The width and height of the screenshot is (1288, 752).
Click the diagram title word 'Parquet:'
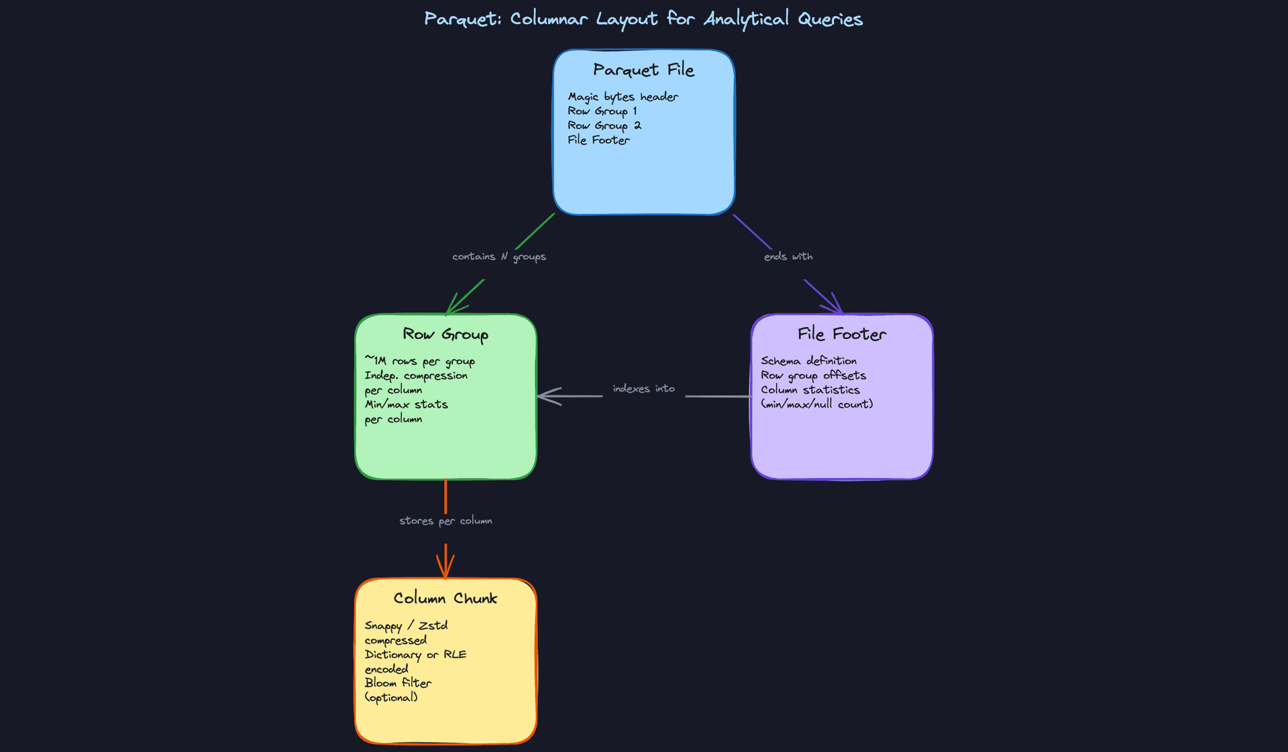point(462,19)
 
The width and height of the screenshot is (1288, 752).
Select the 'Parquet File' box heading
point(643,70)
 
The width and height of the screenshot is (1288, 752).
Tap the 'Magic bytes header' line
point(623,97)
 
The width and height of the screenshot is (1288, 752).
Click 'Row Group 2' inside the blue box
point(604,126)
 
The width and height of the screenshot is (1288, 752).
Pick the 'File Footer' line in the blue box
point(598,140)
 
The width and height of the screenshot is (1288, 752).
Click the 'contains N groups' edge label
point(498,256)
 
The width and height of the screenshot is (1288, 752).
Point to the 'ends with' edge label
point(788,256)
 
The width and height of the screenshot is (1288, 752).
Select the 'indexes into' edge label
point(643,389)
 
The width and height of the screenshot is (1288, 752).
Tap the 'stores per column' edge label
point(445,521)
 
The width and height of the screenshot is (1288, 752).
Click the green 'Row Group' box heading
point(445,334)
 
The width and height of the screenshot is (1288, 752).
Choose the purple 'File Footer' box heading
point(841,334)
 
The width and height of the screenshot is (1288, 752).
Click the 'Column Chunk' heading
point(445,598)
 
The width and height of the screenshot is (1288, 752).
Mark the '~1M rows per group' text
point(419,361)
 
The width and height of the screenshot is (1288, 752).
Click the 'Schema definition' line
point(808,361)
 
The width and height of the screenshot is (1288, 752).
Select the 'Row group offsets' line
point(813,375)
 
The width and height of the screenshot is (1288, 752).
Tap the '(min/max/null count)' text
point(816,404)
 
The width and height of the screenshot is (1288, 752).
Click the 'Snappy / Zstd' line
point(406,626)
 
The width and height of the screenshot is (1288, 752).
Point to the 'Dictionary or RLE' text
point(415,655)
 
